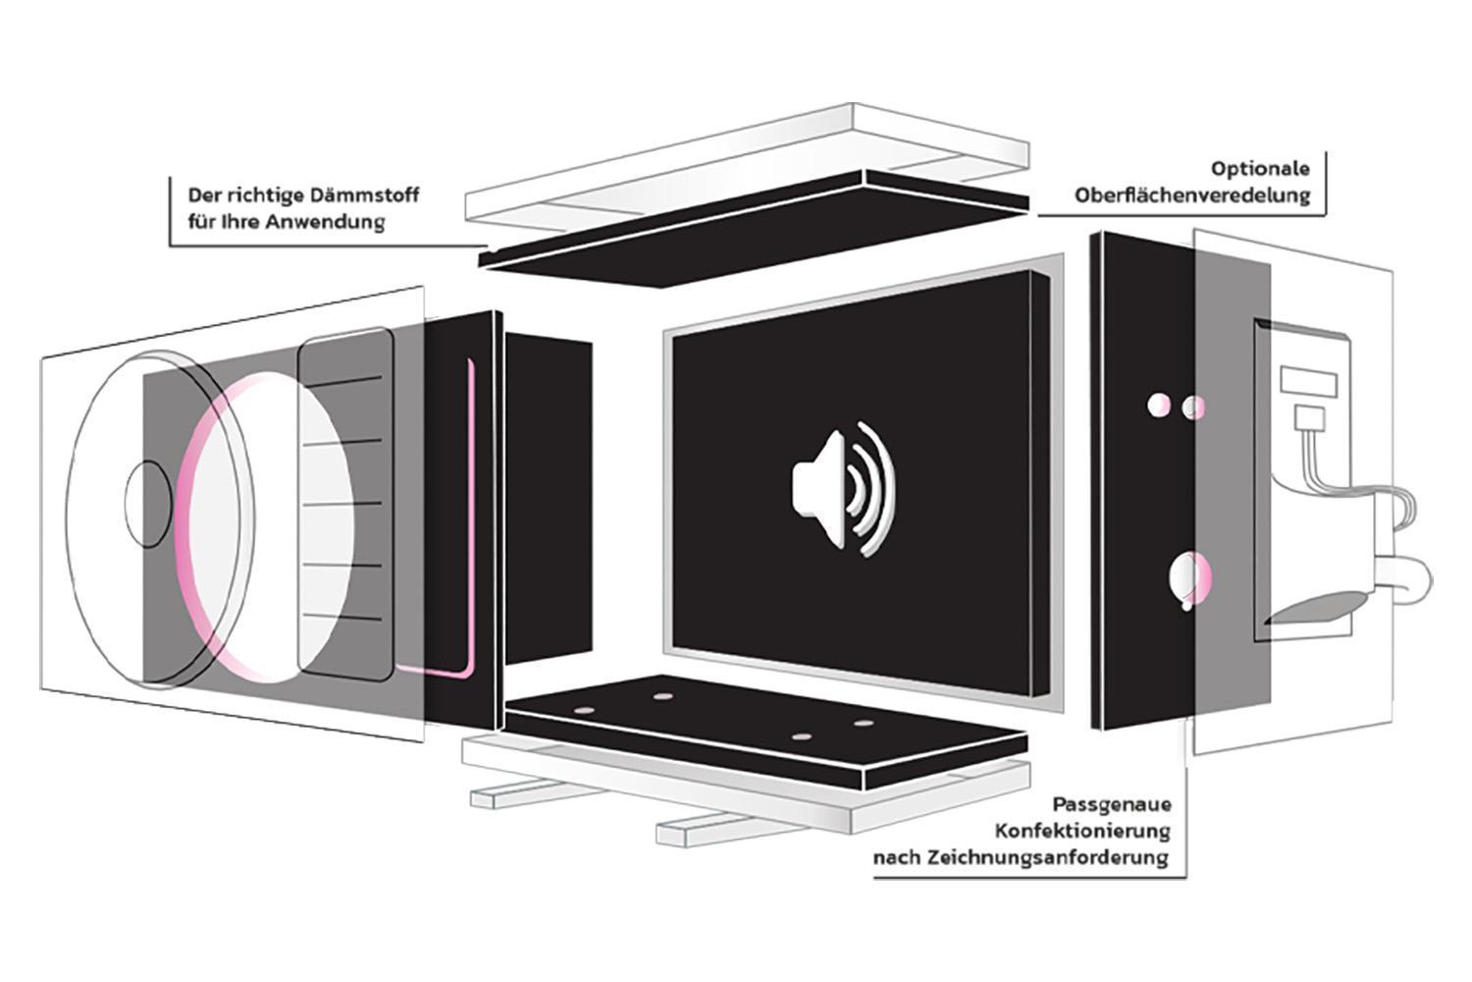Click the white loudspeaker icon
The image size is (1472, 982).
pos(842,488)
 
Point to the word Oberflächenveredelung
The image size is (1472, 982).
pos(1192,194)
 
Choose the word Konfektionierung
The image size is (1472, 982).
pos(1083,831)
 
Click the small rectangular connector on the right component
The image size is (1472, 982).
pos(1310,382)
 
